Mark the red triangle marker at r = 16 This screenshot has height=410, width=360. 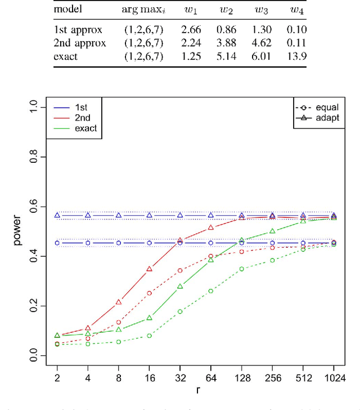(150, 269)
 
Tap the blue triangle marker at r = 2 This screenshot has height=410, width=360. (57, 215)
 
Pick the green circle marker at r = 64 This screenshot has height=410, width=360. (211, 291)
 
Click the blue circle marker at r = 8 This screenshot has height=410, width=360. (119, 243)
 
